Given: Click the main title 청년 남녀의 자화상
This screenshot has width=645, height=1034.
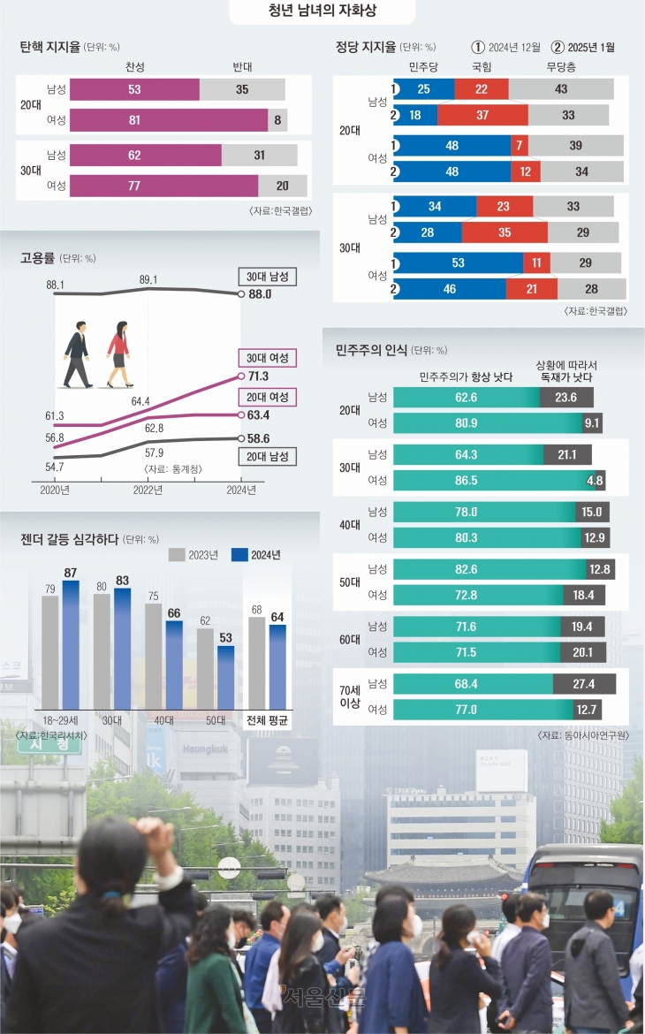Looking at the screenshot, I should (322, 12).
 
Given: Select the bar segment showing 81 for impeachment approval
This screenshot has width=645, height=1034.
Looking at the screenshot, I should (169, 120).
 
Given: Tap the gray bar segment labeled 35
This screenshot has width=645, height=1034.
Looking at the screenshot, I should (242, 89).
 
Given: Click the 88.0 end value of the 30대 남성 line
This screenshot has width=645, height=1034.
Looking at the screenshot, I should (260, 294).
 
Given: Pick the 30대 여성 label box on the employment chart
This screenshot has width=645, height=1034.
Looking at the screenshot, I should (268, 357).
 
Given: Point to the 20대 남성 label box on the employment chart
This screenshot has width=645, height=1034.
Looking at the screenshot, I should (268, 456).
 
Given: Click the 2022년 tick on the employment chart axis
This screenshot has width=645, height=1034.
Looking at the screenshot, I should (148, 489).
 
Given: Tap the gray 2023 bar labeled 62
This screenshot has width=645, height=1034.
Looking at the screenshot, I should (205, 665).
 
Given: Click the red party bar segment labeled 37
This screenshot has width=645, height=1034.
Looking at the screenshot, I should (482, 115).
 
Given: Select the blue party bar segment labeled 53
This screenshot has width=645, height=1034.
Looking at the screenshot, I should (458, 263).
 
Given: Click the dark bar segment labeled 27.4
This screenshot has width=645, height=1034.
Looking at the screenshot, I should (584, 683).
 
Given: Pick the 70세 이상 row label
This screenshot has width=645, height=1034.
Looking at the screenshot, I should (352, 696).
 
